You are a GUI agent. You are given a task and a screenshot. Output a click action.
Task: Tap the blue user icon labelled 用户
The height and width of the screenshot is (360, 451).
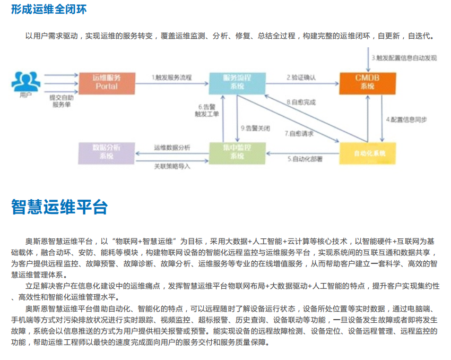coord(25,80)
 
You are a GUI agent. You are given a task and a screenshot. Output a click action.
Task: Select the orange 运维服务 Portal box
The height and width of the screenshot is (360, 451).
coord(107,82)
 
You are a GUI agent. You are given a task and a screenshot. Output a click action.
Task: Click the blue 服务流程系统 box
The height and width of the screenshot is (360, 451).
coord(237,82)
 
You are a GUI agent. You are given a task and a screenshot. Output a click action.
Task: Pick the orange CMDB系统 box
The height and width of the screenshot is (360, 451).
coord(367,82)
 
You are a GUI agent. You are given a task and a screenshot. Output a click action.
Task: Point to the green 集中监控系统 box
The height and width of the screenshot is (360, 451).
coord(237,152)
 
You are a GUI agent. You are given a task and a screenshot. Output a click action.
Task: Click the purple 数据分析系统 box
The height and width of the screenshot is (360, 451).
coord(106,152)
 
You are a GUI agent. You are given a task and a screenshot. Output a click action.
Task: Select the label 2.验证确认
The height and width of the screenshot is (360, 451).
coord(301,78)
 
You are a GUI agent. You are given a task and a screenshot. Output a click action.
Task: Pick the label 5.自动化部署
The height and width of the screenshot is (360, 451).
coord(305,158)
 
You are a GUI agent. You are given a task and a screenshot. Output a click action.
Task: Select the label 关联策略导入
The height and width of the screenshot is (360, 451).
coord(172,166)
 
